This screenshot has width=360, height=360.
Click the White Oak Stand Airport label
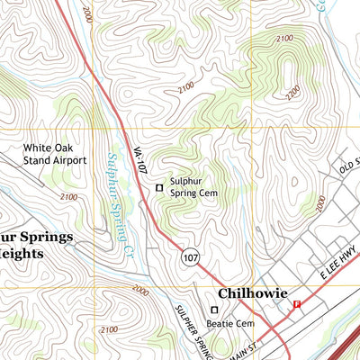coord(55,154)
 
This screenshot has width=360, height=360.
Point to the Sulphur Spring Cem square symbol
coord(160,187)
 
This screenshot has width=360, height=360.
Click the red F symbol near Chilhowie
coord(297,304)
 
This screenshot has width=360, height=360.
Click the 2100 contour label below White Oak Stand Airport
coord(67,196)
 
